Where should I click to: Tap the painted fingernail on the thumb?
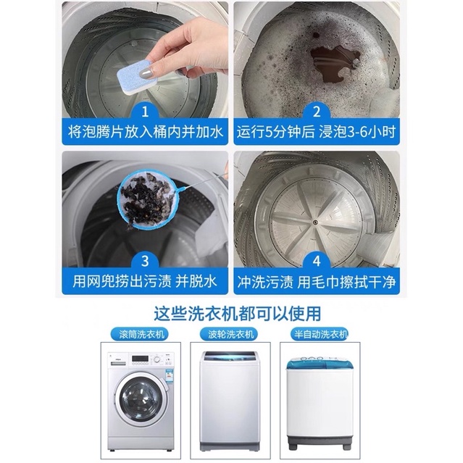(x=145, y=72)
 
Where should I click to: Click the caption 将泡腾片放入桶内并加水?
(x=145, y=132)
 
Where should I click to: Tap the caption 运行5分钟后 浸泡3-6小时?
(x=316, y=132)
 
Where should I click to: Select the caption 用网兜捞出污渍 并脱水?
(x=145, y=281)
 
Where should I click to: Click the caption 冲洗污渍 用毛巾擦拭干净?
(x=316, y=281)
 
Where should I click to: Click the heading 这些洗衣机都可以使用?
(x=237, y=313)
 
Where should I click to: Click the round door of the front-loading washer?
(x=141, y=399)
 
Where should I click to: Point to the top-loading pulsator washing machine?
(x=230, y=401)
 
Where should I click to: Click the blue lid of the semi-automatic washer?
(x=320, y=362)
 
